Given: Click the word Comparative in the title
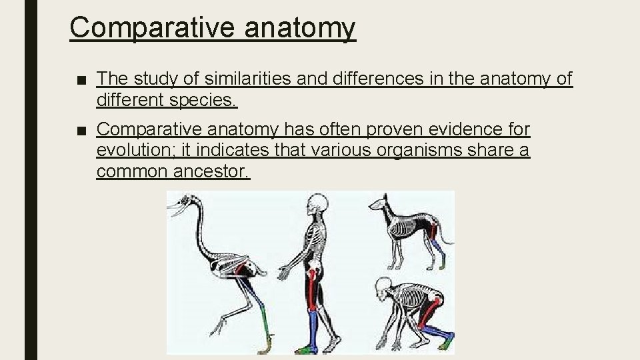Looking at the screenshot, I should (x=153, y=28).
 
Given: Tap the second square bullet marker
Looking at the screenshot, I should (x=81, y=130).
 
